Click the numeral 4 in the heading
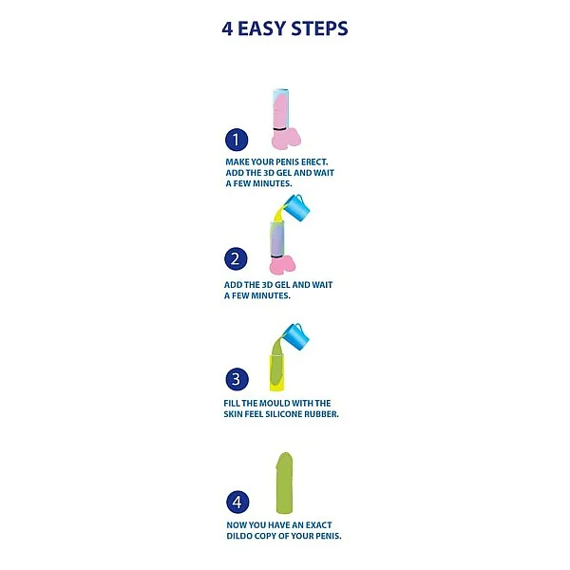coord(227,28)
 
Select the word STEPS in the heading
coord(319,28)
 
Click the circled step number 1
coord(237,140)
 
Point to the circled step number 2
coord(236,258)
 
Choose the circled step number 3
coord(237,379)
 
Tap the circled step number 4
coord(237,502)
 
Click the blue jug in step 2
coord(296,208)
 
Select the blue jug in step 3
coord(296,336)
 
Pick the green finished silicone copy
coord(284,483)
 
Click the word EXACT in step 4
coord(319,525)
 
